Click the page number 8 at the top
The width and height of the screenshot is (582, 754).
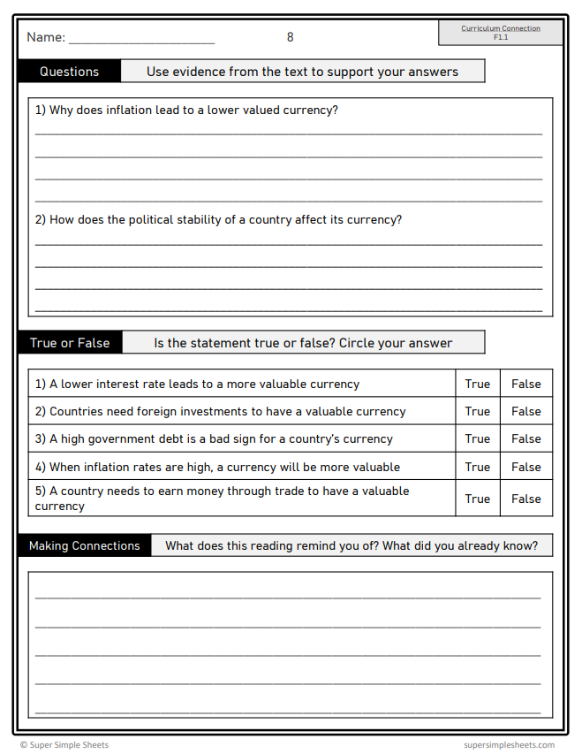point(290,37)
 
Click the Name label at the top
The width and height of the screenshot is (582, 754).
point(46,37)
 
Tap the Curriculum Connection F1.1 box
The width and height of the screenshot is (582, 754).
point(501,33)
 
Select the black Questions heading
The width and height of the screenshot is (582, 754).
point(69,72)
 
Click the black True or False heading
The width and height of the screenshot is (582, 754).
point(70,343)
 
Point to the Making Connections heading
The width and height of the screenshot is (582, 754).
point(84,545)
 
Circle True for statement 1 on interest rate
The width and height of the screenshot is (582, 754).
point(477,384)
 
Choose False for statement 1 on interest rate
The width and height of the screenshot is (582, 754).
point(525,384)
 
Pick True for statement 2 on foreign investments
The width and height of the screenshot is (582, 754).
point(477,411)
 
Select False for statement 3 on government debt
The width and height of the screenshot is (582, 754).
point(525,438)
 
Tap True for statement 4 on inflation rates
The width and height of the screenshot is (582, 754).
point(477,467)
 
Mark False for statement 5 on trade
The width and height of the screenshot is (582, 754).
point(525,499)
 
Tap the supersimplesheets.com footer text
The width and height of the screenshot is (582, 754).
point(509,745)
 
